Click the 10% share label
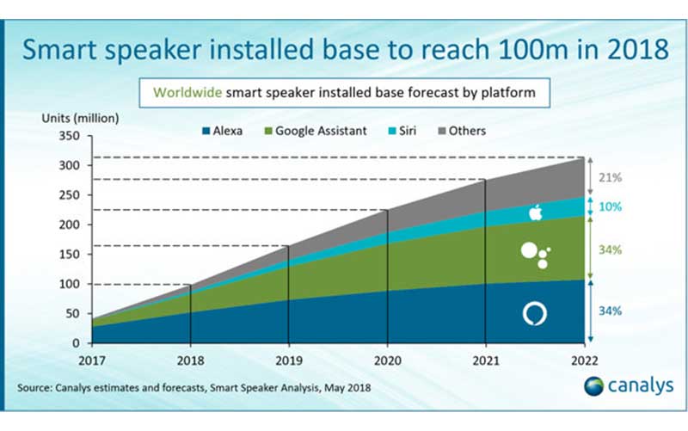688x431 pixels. click(x=612, y=207)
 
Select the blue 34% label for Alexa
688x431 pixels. click(x=612, y=311)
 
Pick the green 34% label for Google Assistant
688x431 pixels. click(x=612, y=249)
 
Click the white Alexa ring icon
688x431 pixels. click(x=534, y=314)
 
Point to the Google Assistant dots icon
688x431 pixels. click(x=535, y=254)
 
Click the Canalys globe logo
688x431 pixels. click(x=593, y=386)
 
